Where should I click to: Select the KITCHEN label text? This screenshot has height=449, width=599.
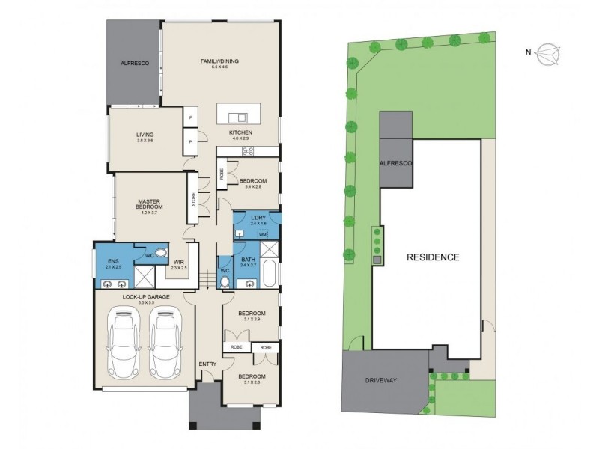point(241,132)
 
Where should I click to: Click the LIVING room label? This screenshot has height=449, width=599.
point(145,135)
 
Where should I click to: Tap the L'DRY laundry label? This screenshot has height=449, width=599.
point(259,218)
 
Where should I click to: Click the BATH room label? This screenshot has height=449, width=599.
point(249,260)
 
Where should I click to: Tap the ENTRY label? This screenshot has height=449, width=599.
point(207,364)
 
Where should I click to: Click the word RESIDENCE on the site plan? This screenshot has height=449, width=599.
point(433,257)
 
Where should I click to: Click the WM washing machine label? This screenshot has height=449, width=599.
point(263,234)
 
